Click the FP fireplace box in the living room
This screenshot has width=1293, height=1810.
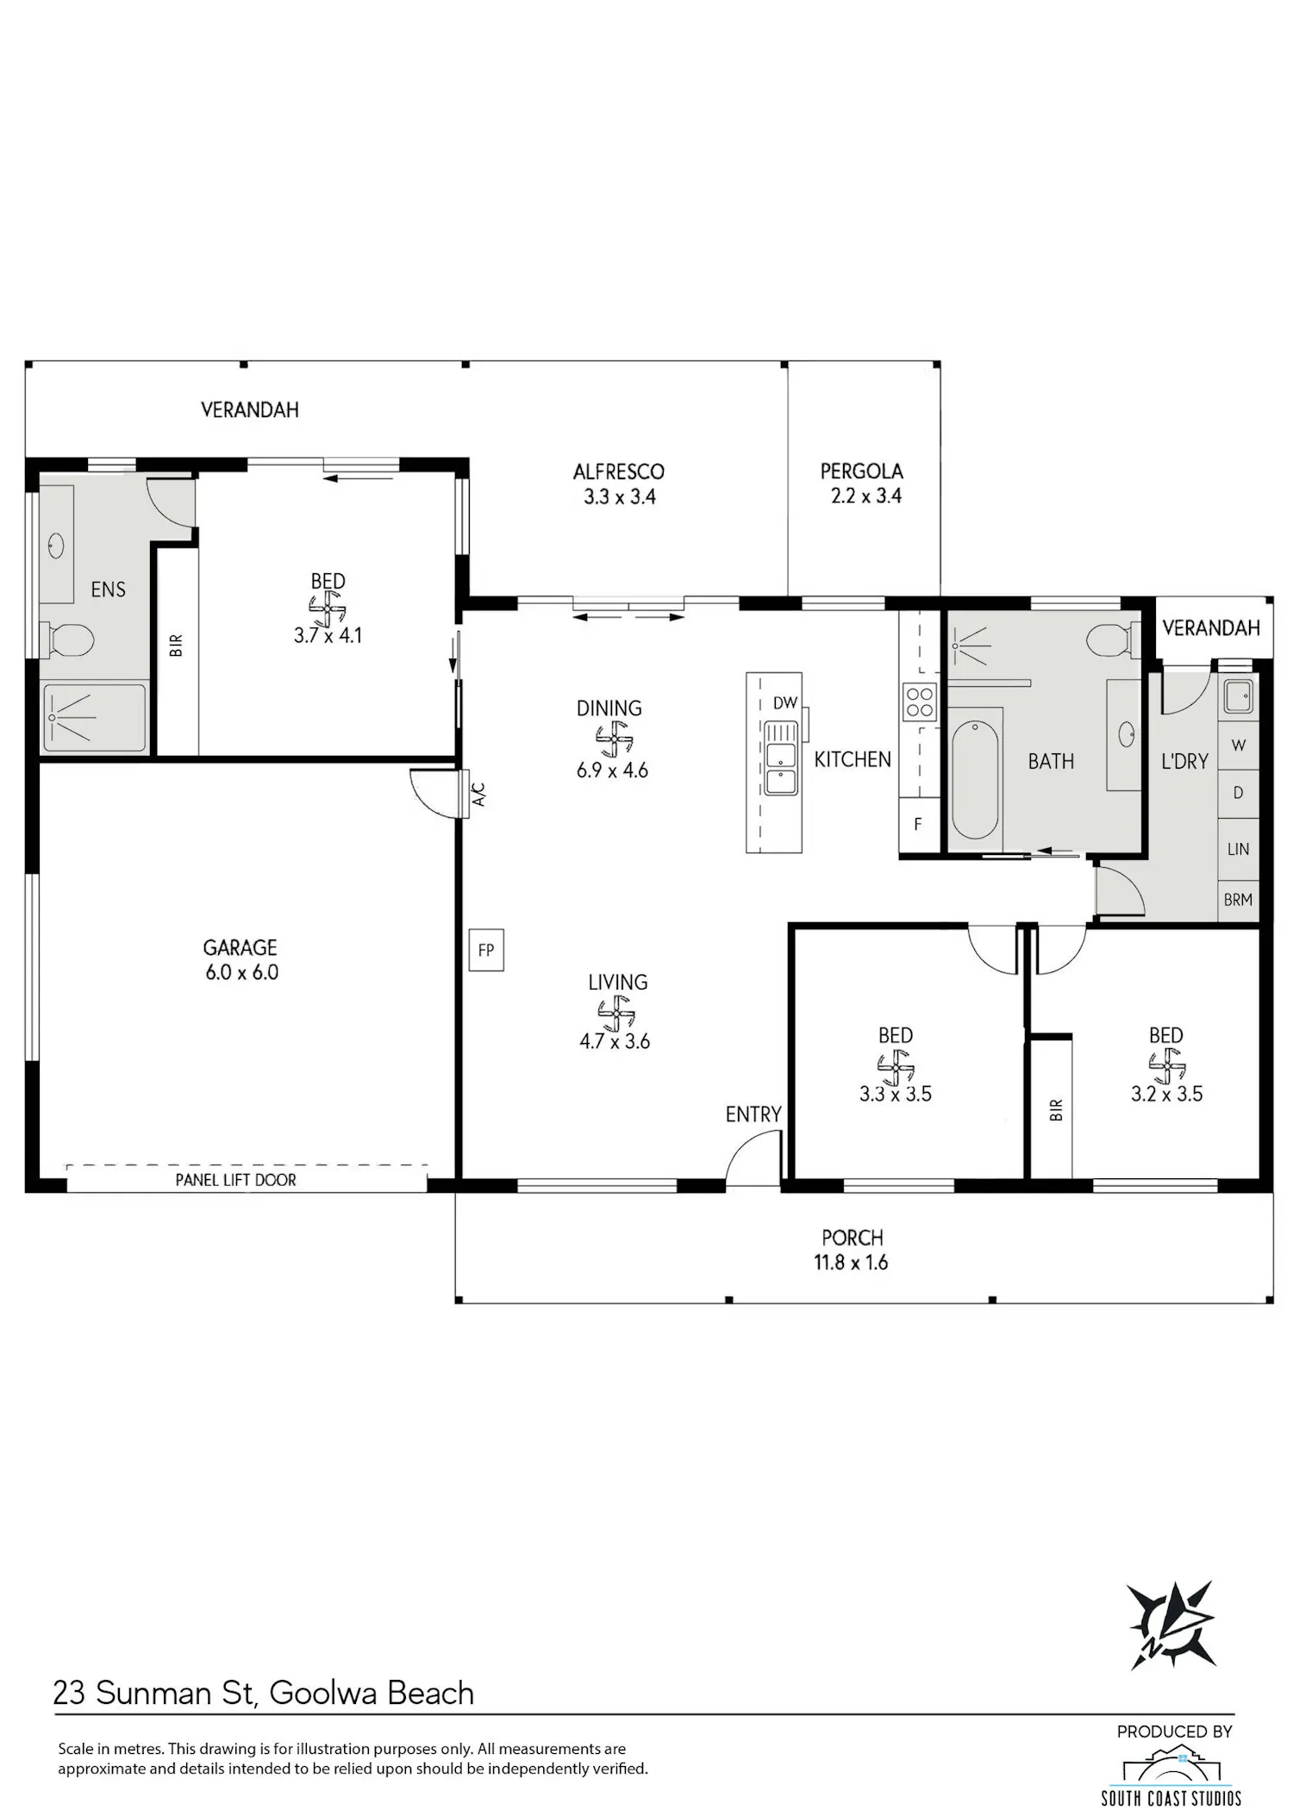[486, 950]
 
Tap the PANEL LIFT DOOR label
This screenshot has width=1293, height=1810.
[235, 1180]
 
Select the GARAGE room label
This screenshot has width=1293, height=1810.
[240, 948]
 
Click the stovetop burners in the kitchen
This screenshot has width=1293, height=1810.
[919, 701]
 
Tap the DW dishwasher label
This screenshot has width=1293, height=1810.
[785, 703]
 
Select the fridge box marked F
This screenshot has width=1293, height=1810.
[919, 824]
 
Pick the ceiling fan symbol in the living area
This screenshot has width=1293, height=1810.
[615, 1013]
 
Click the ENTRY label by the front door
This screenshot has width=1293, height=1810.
[753, 1114]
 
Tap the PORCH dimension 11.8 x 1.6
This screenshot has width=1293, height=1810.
[851, 1263]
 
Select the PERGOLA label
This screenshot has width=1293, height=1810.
[862, 471]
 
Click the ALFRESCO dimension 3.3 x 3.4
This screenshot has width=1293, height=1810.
[620, 496]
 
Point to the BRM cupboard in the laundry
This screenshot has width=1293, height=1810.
[1239, 900]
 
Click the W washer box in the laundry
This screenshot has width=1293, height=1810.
[1239, 745]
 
